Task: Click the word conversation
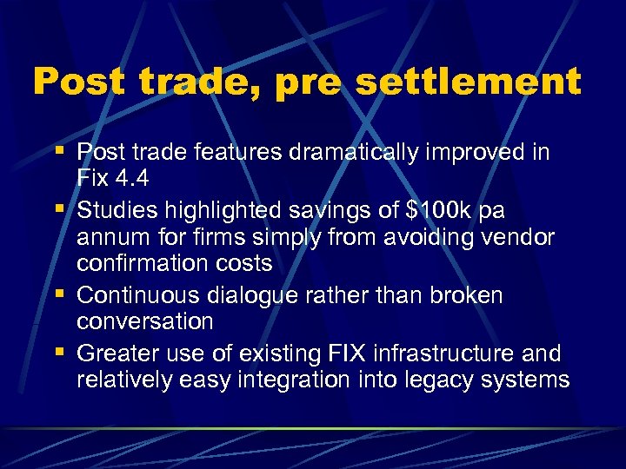pyautogui.click(x=145, y=320)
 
